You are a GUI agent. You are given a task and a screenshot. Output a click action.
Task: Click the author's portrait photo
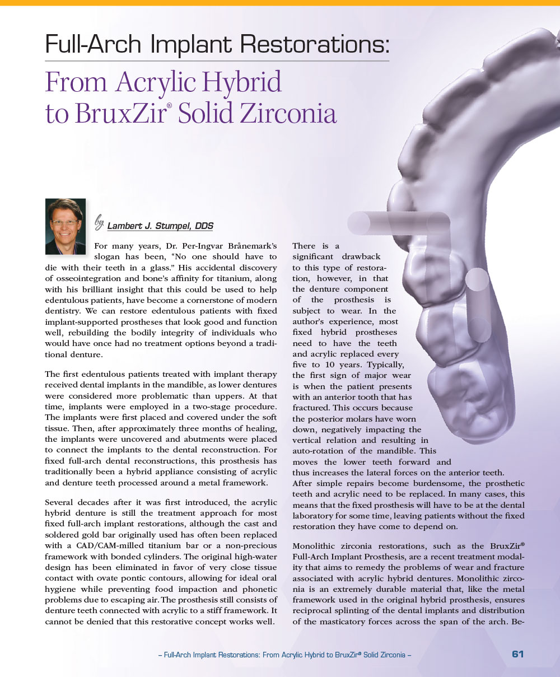[65, 226]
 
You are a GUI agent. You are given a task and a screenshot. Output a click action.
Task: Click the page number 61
[517, 654]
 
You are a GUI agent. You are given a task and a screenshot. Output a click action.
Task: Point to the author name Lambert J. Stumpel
[160, 226]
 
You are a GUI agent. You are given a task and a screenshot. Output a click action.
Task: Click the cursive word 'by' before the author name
[99, 223]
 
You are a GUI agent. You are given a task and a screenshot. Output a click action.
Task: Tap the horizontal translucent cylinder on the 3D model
[398, 223]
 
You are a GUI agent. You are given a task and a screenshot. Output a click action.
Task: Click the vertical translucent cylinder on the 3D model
[478, 305]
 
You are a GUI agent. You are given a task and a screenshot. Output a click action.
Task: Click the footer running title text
[286, 655]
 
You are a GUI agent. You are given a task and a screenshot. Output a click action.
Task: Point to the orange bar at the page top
[280, 3]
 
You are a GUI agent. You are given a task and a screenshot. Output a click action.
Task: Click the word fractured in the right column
[313, 408]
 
